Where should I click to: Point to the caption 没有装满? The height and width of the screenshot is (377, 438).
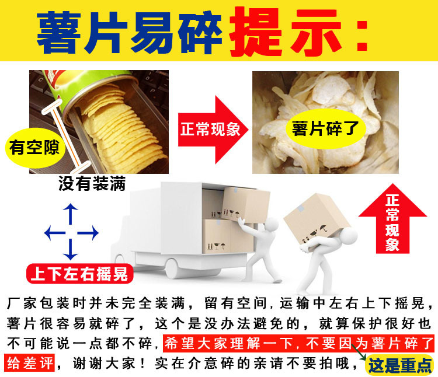(92, 184)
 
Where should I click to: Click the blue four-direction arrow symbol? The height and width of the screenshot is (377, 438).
(71, 232)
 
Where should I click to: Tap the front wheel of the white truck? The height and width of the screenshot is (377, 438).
(176, 269)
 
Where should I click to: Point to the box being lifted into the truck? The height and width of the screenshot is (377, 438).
(245, 202)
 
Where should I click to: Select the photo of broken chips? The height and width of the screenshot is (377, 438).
(325, 122)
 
